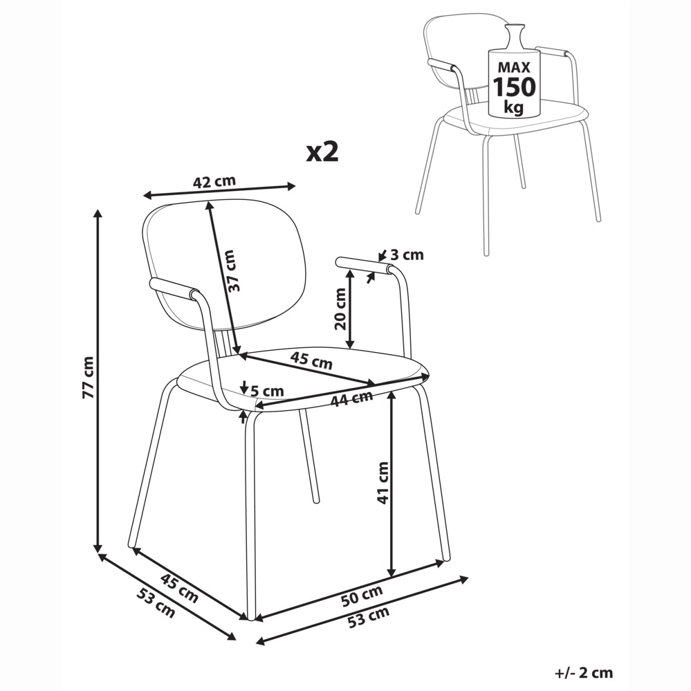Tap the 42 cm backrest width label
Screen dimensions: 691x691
point(214,181)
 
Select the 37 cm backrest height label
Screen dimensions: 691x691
point(232,270)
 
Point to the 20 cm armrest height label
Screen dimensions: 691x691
point(340,309)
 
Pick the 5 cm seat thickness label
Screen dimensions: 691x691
point(268,391)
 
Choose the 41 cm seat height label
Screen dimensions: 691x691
point(383,483)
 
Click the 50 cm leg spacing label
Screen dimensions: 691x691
point(362,596)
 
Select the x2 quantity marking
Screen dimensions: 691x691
point(322,152)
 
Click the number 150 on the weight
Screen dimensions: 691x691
point(514,87)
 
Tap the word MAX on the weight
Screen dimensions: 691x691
point(514,67)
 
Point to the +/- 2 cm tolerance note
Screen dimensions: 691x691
point(584,673)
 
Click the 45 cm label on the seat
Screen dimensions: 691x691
point(311,361)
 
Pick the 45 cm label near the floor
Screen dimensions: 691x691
point(179,589)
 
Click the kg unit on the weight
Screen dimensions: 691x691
point(514,107)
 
